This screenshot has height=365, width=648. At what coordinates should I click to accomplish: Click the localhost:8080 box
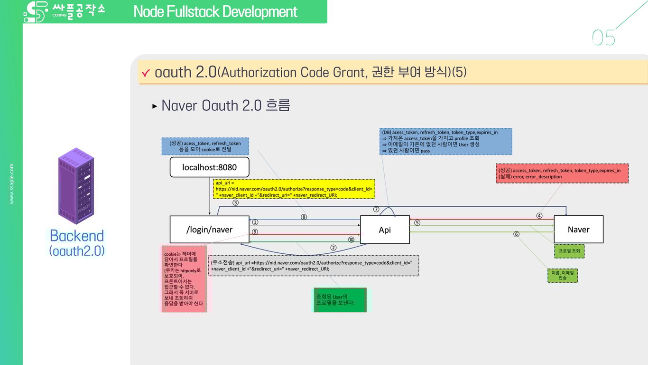(x=210, y=167)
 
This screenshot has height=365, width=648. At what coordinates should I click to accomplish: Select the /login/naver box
(x=210, y=230)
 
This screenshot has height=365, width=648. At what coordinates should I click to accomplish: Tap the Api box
(x=385, y=230)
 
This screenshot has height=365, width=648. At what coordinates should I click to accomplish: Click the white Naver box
(x=579, y=230)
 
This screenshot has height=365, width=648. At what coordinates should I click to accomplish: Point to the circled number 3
(x=235, y=202)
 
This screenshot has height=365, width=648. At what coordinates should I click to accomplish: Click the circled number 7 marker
(x=376, y=209)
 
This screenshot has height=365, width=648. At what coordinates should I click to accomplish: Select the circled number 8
(x=304, y=217)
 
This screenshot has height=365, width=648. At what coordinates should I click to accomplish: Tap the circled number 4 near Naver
(x=539, y=216)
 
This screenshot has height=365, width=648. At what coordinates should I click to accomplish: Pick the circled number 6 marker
(x=517, y=234)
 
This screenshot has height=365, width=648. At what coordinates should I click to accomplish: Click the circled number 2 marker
(x=333, y=248)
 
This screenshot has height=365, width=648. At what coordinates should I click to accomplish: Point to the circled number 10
(x=351, y=240)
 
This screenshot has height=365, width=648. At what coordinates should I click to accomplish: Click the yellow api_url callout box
(x=294, y=189)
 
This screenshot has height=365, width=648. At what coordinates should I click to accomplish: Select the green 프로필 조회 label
(x=569, y=251)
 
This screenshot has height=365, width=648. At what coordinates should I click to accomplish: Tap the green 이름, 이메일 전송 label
(x=563, y=276)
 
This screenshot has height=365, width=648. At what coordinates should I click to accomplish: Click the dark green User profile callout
(x=340, y=300)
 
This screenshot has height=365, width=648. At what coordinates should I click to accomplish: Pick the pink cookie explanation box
(x=184, y=279)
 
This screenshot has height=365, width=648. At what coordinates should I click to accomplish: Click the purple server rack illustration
(x=76, y=186)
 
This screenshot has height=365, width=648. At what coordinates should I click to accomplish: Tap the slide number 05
(x=603, y=38)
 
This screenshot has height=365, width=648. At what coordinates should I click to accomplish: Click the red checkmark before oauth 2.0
(x=146, y=73)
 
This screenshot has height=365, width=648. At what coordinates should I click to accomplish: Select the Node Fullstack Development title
(x=215, y=11)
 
